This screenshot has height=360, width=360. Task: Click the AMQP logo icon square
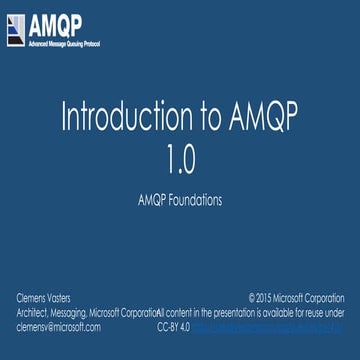pos(15,30)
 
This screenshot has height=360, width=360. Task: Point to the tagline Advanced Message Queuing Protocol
pos(64,45)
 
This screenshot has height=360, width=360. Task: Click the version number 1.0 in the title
pos(181,158)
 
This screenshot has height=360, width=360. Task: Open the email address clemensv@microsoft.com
pos(59,326)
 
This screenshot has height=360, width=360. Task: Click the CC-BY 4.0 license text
pos(173,326)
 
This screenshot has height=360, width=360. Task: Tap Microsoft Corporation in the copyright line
pos(314,298)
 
